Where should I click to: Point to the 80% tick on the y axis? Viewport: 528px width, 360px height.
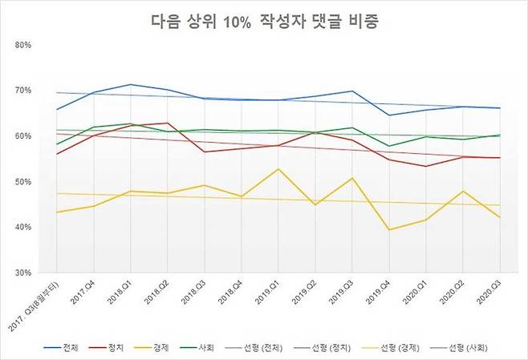tap(22, 45)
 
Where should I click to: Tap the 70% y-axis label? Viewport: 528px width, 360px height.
tap(22, 91)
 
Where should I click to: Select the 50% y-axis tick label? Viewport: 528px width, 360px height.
tap(22, 182)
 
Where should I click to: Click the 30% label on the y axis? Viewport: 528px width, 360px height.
tap(22, 273)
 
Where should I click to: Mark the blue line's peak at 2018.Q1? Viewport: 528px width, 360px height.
tap(130, 84)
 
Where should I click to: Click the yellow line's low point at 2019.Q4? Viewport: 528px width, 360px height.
tap(388, 230)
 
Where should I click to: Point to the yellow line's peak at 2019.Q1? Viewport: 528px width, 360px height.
tap(278, 169)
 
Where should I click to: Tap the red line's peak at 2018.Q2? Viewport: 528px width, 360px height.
tap(167, 123)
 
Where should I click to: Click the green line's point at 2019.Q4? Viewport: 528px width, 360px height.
tap(388, 147)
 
